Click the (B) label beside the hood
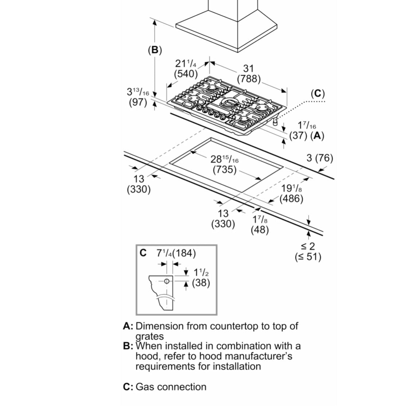(x=155, y=50)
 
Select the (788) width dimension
(x=249, y=79)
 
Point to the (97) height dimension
(x=138, y=102)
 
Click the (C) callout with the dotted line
(x=317, y=94)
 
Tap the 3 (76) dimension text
(x=320, y=158)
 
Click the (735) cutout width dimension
(x=224, y=169)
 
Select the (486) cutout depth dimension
(x=291, y=199)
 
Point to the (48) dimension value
(x=260, y=230)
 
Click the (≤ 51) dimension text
(x=308, y=257)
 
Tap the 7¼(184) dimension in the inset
(x=176, y=253)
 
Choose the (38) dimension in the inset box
(x=201, y=282)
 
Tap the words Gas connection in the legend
(x=171, y=387)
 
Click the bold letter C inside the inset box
(x=143, y=253)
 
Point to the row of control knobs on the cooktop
(x=210, y=111)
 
